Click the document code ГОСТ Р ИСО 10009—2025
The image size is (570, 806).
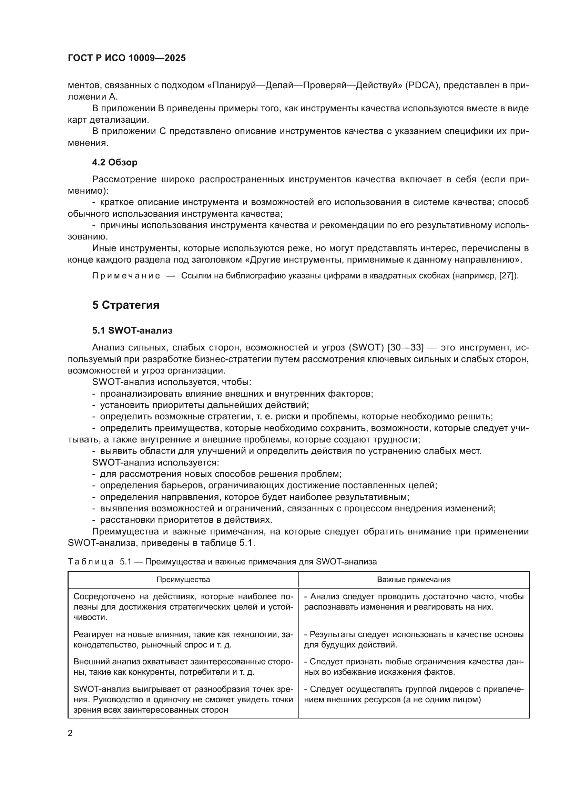tap(127, 58)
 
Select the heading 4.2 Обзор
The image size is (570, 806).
tap(115, 162)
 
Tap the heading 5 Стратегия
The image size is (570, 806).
tap(126, 305)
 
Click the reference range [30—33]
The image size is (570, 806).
tap(405, 348)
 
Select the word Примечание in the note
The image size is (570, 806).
tap(126, 276)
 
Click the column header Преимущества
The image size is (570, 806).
tap(183, 579)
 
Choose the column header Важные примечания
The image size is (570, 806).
tap(414, 579)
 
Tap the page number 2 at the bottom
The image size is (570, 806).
tap(70, 733)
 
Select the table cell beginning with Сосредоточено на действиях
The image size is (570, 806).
tap(183, 606)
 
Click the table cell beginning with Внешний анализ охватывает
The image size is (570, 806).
tap(183, 667)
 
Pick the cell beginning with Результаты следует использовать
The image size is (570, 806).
tap(414, 640)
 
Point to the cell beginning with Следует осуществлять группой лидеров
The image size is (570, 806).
tap(414, 694)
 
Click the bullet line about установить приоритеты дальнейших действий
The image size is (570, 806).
tap(204, 405)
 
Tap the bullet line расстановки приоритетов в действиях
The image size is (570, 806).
tap(186, 520)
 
